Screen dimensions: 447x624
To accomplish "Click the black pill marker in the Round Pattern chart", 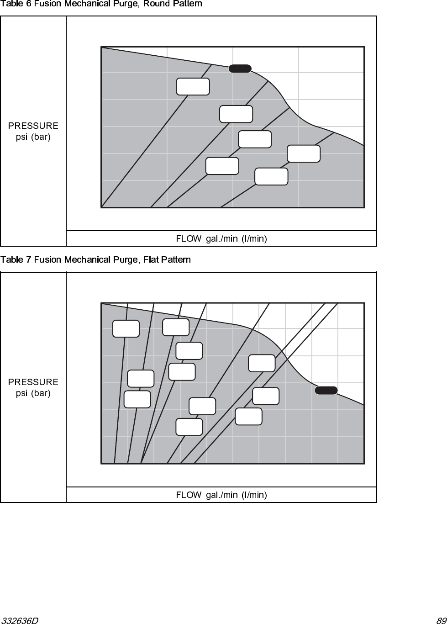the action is pos(240,69).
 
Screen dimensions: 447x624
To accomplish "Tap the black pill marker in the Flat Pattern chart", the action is pos(326,390).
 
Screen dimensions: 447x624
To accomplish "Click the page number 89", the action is pos(441,620).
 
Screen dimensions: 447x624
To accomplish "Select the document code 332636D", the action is pos(20,620).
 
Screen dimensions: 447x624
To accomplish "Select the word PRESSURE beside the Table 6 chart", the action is pos(33,126).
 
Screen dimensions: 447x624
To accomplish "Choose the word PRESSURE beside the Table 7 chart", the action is pos(33,382).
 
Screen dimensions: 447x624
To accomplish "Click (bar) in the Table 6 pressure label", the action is pos(41,137).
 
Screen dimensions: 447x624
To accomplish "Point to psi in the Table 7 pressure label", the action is pos(21,393).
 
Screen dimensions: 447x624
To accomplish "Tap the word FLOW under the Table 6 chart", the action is pos(189,238).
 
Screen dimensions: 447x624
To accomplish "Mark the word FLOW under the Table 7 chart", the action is pos(189,495).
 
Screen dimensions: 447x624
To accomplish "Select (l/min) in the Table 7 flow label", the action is pos(254,495).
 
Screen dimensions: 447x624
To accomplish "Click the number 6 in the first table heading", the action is pos(28,4).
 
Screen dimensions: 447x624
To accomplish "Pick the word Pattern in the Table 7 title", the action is pos(175,260).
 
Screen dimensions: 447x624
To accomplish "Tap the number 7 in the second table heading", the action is pos(28,260).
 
